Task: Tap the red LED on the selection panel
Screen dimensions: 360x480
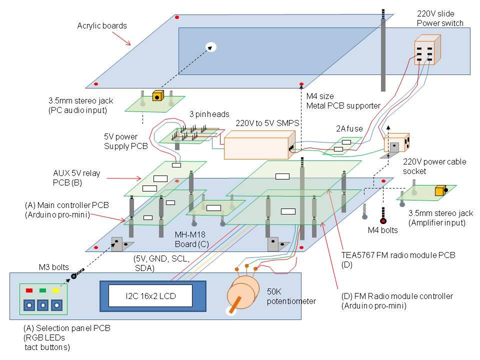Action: [29, 290]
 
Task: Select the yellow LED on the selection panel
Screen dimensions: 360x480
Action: [55, 290]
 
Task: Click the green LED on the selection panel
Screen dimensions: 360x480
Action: [42, 290]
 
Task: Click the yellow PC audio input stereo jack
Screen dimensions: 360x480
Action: [158, 96]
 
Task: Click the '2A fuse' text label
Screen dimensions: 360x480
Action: [348, 128]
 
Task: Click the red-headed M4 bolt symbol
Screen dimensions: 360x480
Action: [383, 220]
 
